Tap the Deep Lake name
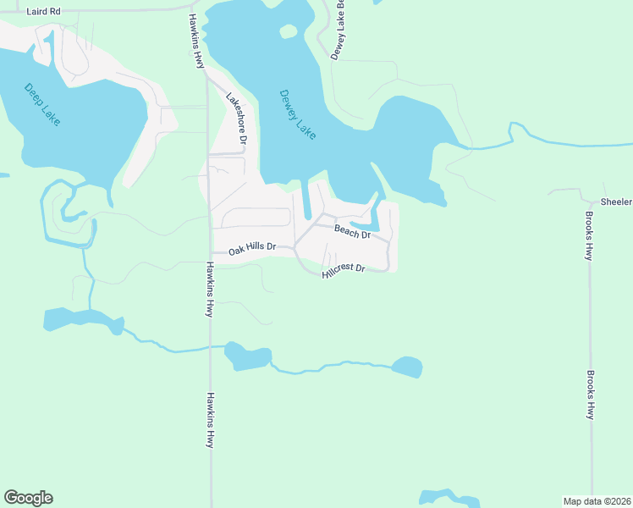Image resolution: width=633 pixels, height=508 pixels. click(42, 104)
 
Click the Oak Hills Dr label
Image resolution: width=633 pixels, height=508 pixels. click(252, 246)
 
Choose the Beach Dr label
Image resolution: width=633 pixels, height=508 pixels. click(352, 230)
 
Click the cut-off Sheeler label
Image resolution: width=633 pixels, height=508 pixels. click(616, 202)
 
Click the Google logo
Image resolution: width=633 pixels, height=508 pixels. click(28, 497)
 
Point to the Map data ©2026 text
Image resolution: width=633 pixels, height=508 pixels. click(597, 500)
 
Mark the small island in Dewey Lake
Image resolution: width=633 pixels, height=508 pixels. click(289, 32)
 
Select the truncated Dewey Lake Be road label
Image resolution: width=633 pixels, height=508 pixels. click(340, 28)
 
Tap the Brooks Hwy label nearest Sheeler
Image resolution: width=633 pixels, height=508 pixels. click(589, 235)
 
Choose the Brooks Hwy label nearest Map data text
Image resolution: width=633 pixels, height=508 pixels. click(590, 394)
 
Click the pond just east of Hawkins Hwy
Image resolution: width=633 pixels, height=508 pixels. click(247, 357)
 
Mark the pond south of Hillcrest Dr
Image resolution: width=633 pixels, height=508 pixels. click(407, 367)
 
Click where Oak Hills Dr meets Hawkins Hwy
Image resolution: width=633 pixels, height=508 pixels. click(210, 252)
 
